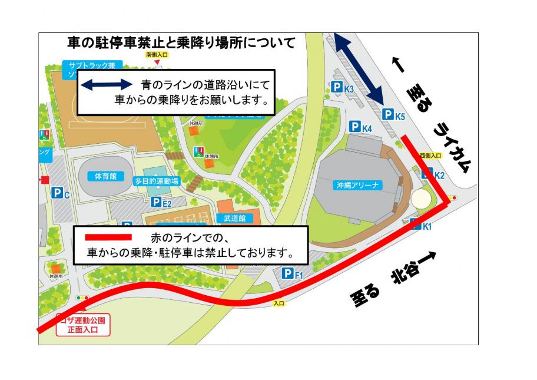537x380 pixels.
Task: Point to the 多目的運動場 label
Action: click(x=157, y=181)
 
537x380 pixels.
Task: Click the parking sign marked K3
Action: click(x=342, y=88)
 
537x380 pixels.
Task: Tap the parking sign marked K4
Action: click(x=361, y=126)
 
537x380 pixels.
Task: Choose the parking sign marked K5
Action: click(x=393, y=115)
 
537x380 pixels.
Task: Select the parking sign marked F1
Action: click(x=293, y=273)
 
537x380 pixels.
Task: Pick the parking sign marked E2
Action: click(x=161, y=203)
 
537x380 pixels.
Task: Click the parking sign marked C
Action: click(x=61, y=193)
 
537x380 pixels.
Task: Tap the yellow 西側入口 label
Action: click(x=430, y=156)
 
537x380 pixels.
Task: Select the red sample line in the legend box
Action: click(x=109, y=237)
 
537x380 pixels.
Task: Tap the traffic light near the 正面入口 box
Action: click(x=82, y=298)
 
